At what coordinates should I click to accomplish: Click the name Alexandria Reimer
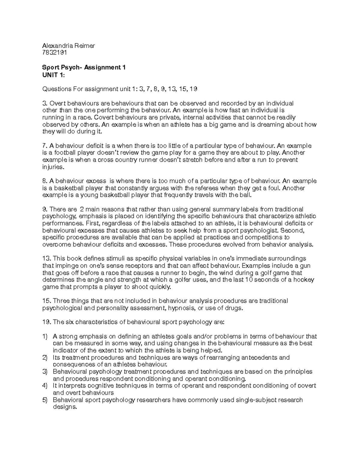[68, 46]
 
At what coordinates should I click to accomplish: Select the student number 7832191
[55, 53]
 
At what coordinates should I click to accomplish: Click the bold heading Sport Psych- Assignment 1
[84, 68]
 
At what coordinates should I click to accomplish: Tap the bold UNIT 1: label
[53, 75]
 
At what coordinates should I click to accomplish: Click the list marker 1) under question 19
[45, 336]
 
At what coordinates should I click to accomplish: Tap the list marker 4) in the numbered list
[45, 386]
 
